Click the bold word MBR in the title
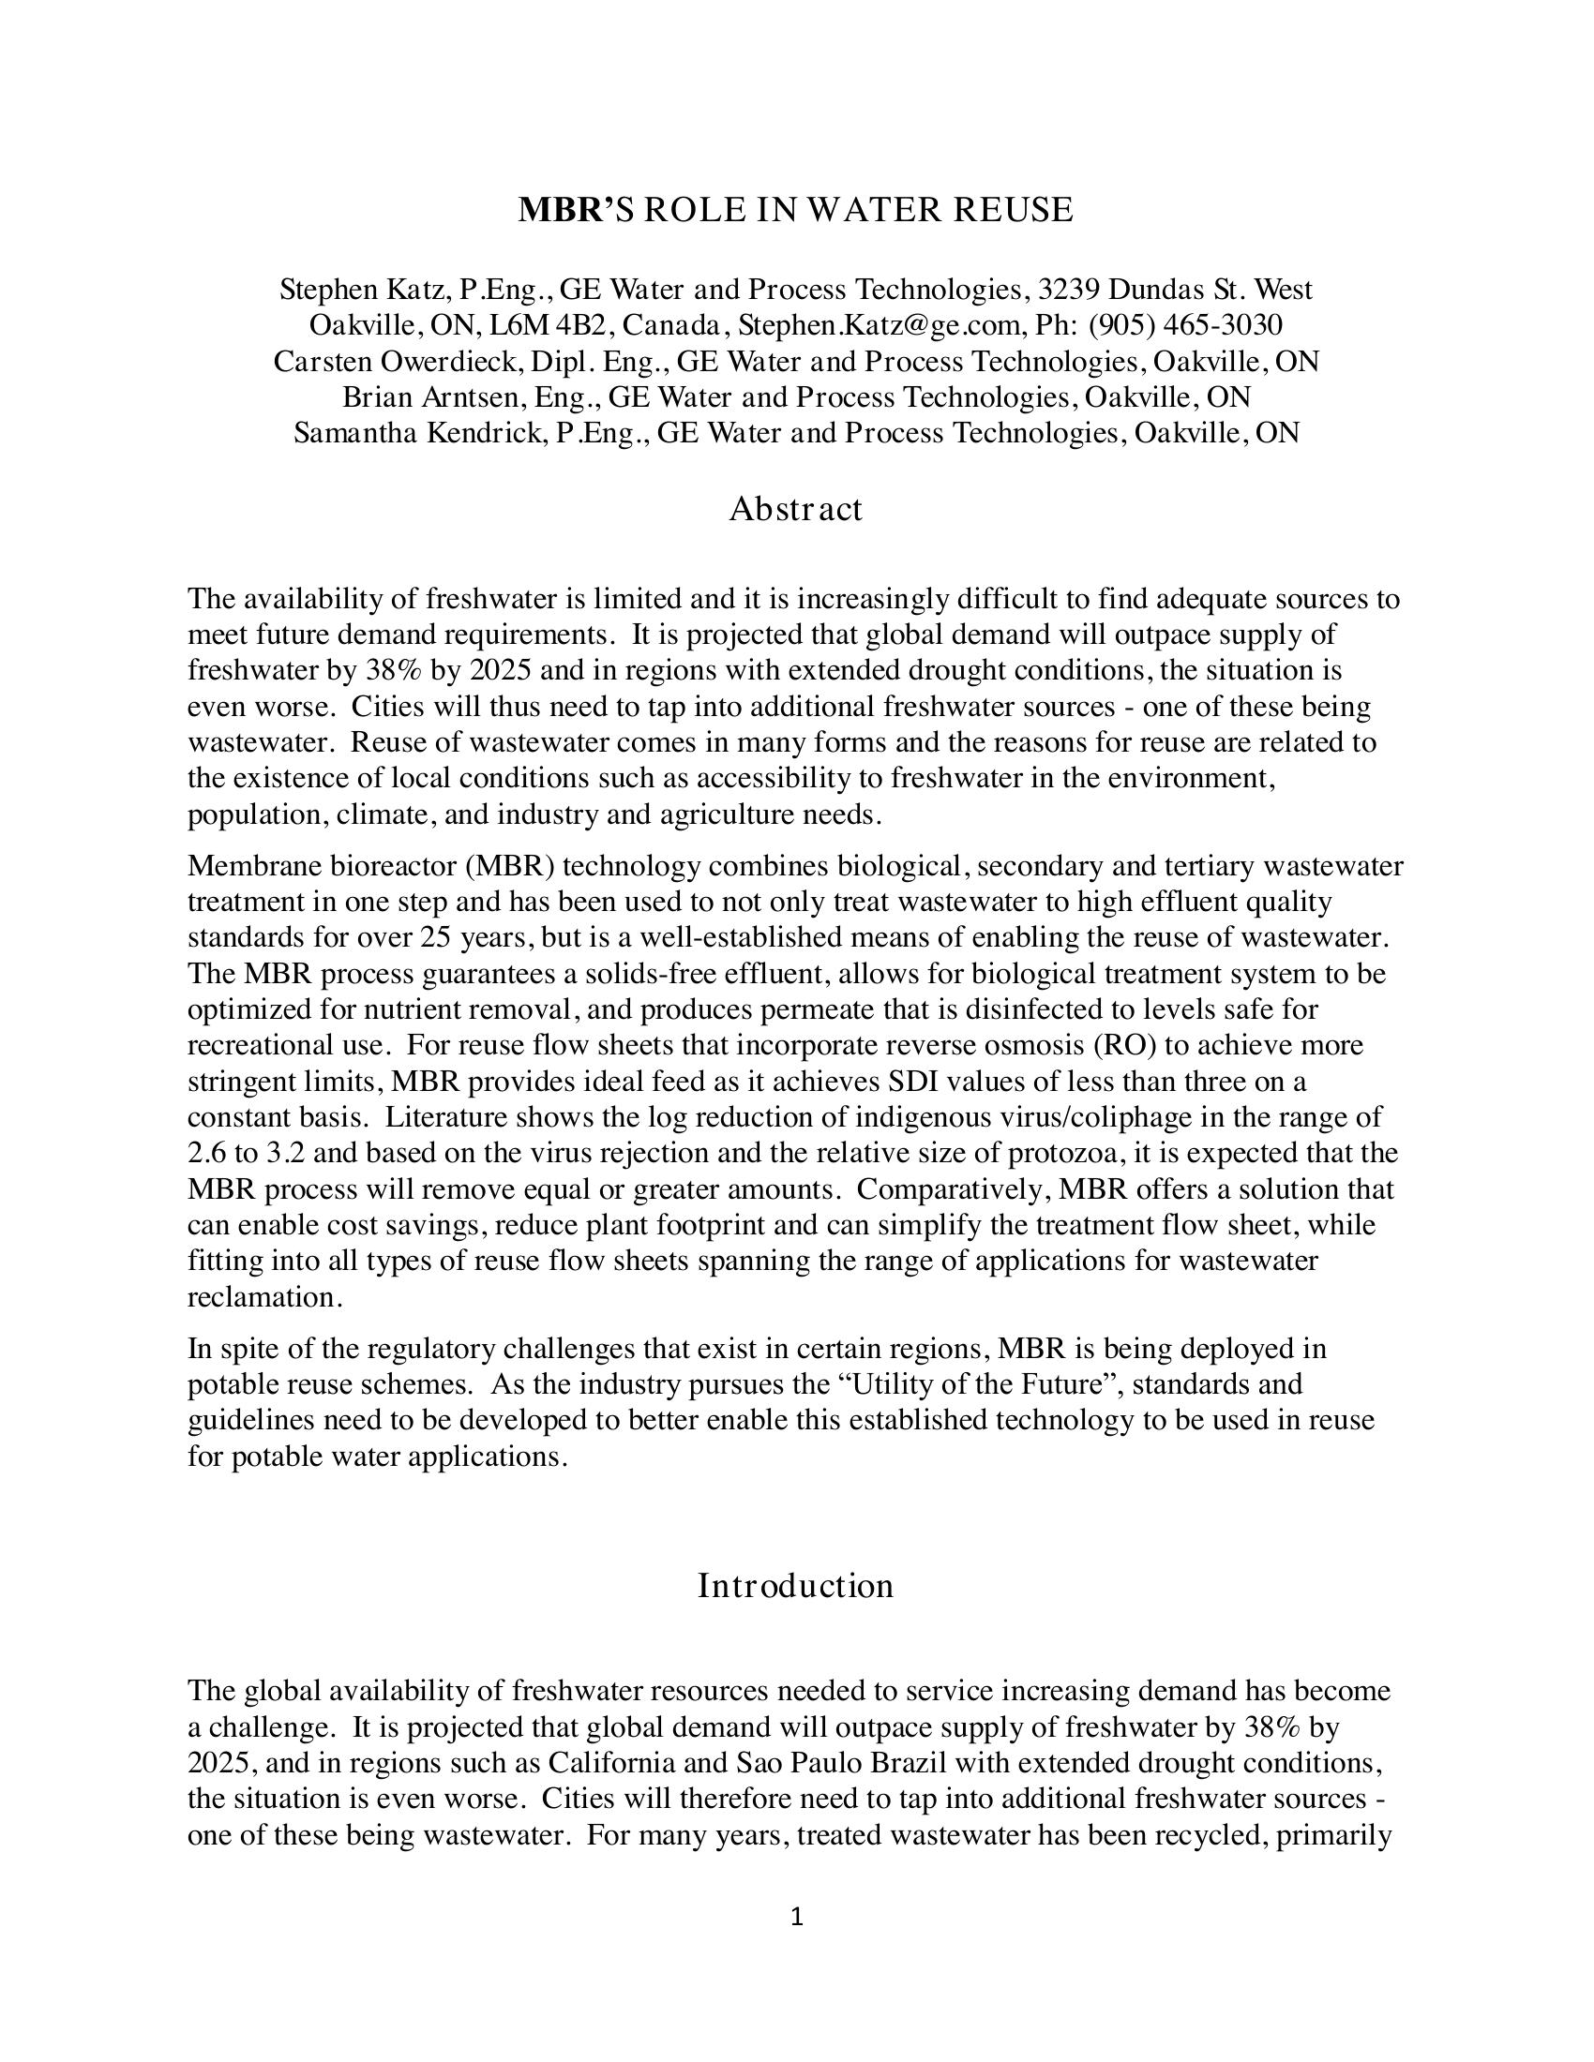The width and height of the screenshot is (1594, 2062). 560,210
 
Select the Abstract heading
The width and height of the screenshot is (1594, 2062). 795,509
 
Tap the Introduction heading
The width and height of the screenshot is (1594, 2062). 795,1585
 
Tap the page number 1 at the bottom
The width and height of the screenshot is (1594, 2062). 796,1917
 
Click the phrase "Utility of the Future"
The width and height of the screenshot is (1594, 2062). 958,1384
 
